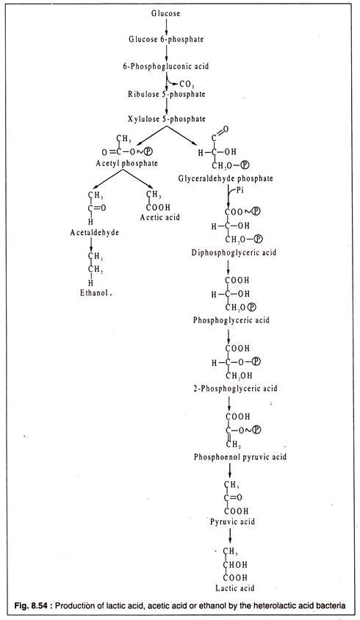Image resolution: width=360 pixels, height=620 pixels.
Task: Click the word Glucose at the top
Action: pyautogui.click(x=165, y=13)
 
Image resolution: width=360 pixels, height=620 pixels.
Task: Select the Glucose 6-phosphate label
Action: pyautogui.click(x=166, y=39)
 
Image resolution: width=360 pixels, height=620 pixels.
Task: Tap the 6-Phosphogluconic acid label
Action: pyautogui.click(x=165, y=66)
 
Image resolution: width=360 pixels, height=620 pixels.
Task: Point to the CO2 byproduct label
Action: pyautogui.click(x=187, y=84)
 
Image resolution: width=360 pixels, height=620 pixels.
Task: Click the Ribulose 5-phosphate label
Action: pyautogui.click(x=166, y=94)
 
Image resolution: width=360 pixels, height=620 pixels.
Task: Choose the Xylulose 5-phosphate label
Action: pyautogui.click(x=167, y=118)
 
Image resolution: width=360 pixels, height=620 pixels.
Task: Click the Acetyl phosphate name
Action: pyautogui.click(x=126, y=163)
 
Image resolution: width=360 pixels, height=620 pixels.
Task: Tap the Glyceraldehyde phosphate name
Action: pyautogui.click(x=226, y=178)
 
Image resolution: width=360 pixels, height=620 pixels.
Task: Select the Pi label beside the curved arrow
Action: pyautogui.click(x=240, y=190)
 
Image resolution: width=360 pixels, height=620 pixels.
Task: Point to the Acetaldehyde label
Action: pyautogui.click(x=95, y=232)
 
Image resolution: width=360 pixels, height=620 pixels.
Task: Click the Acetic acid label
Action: pyautogui.click(x=160, y=217)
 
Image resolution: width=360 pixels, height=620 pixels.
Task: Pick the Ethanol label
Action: pyautogui.click(x=94, y=293)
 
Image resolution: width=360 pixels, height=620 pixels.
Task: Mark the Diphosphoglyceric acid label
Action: pyautogui.click(x=234, y=252)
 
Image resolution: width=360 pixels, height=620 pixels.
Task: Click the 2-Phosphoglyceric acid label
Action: pyautogui.click(x=235, y=389)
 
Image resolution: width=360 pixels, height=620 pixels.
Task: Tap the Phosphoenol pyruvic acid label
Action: pyautogui.click(x=240, y=457)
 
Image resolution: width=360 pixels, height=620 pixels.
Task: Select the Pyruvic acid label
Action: pyautogui.click(x=233, y=522)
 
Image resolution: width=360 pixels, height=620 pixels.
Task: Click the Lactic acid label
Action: pyautogui.click(x=234, y=588)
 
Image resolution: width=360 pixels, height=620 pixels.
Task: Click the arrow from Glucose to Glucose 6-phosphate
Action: pyautogui.click(x=166, y=26)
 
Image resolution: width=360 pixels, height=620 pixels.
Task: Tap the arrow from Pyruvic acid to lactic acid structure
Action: pyautogui.click(x=230, y=536)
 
